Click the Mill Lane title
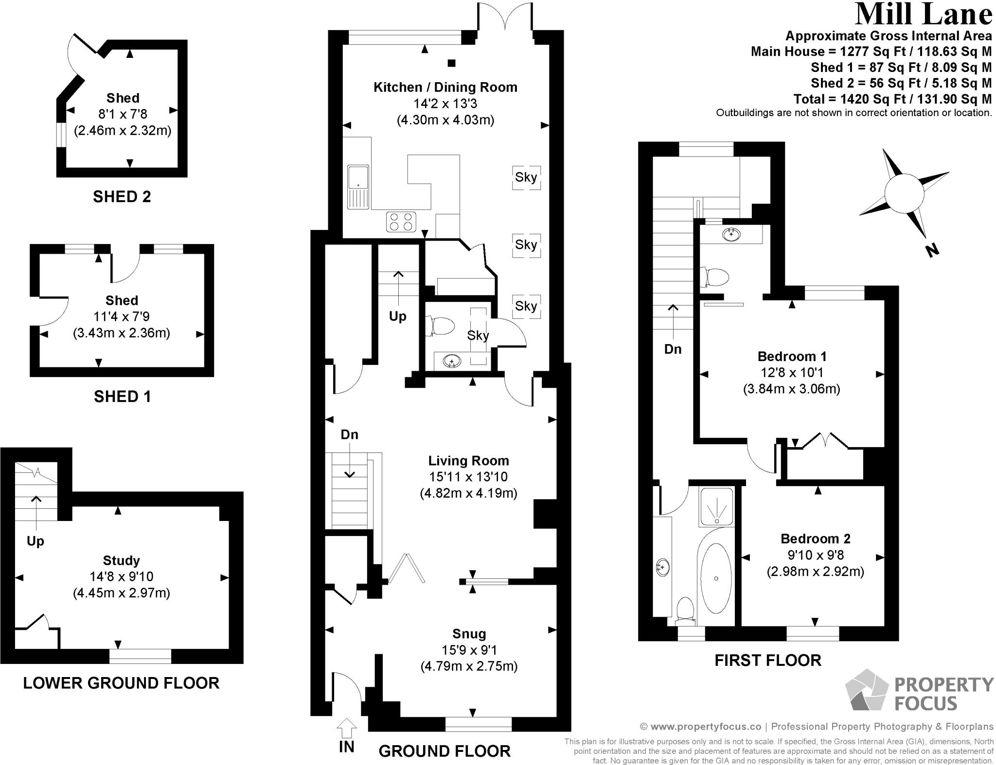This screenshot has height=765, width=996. [923, 15]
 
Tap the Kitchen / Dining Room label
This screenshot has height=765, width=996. [445, 87]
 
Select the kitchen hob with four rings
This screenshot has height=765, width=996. [401, 222]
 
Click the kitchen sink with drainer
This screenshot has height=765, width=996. [358, 186]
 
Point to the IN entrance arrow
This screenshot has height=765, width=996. [346, 730]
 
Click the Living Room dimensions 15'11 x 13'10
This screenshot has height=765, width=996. [468, 477]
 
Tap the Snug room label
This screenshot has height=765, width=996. [469, 634]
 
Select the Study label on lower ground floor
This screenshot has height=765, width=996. [121, 560]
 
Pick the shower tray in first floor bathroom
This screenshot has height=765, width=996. [716, 507]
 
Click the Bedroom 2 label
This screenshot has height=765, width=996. [815, 539]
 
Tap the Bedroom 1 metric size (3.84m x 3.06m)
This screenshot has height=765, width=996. [791, 389]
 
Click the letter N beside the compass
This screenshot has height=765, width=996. [931, 251]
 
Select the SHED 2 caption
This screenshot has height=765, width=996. [122, 197]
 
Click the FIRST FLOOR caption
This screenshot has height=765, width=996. [767, 661]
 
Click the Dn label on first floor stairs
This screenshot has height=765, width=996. [673, 349]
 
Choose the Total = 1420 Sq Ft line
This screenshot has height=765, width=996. [892, 99]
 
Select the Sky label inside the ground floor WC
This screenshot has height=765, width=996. [478, 335]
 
